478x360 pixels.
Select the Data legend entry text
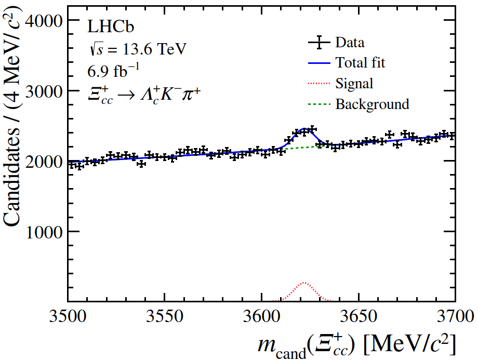(x=350, y=43)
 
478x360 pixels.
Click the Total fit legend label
(x=360, y=63)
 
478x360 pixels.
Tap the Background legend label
(x=372, y=104)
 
